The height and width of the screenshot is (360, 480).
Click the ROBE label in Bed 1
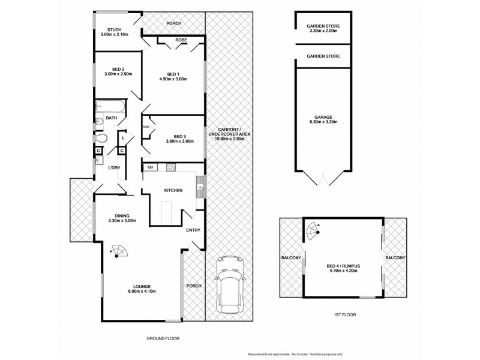coord(181,40)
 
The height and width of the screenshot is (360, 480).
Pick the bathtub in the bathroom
coord(109,107)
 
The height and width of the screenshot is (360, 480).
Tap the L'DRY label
coord(114,167)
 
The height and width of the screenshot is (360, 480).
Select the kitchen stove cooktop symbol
coord(170,167)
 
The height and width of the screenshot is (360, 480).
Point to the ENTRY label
coord(193,230)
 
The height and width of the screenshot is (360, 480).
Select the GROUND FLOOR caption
coord(163,338)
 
